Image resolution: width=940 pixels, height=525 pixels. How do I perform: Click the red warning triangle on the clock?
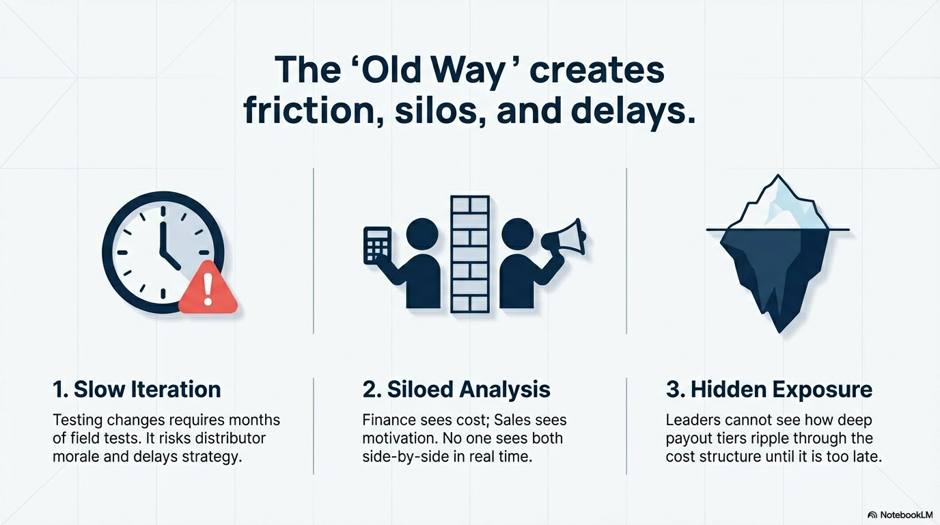coord(208,290)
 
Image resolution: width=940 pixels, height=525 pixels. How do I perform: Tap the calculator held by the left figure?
coord(377,245)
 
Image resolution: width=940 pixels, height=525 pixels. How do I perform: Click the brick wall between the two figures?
coord(470,254)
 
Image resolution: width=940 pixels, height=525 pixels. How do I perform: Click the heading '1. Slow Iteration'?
coord(137,390)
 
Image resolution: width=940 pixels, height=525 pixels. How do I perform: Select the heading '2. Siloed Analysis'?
coord(456,390)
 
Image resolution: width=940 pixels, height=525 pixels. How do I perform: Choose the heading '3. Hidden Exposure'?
coord(769,390)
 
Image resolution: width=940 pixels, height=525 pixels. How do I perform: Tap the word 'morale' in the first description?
coord(76,457)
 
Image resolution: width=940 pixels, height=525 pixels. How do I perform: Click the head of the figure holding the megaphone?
coord(517,234)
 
